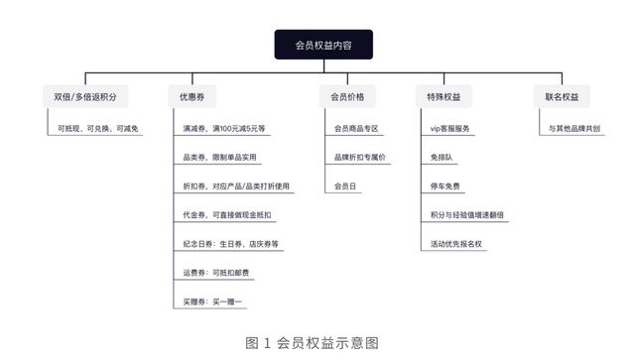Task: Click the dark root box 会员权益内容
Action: [x=323, y=45]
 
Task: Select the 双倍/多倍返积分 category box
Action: [x=85, y=97]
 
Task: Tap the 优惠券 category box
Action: [x=191, y=97]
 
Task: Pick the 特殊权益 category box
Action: [x=444, y=97]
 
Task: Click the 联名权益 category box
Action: [x=562, y=97]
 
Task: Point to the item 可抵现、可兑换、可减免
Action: [x=98, y=129]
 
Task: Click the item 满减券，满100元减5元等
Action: [x=223, y=129]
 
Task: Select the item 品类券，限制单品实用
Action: [x=219, y=158]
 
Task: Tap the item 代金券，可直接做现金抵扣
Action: [x=226, y=215]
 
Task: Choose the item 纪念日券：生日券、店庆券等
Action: [x=230, y=244]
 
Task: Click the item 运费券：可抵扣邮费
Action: [x=215, y=273]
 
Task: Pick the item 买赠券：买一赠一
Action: [x=212, y=301]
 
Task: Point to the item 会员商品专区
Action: [x=356, y=129]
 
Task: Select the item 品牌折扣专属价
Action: [x=360, y=158]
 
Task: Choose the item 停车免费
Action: [x=445, y=186]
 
